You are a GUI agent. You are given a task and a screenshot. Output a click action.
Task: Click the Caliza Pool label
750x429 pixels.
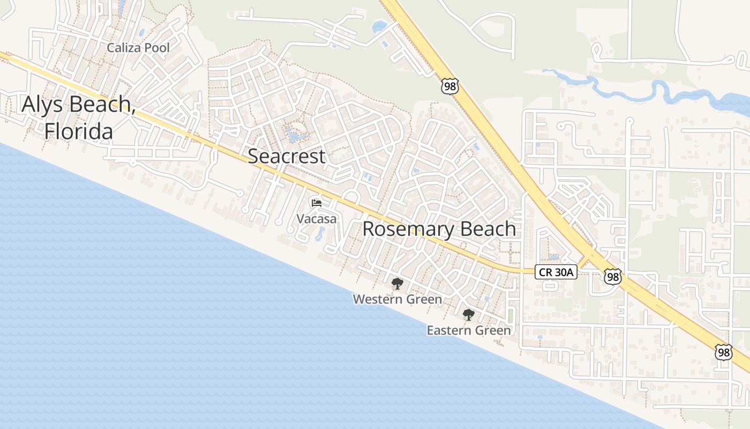[138, 48]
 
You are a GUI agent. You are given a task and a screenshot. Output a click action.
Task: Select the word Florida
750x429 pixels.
[79, 131]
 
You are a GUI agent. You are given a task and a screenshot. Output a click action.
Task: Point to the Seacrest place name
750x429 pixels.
[287, 156]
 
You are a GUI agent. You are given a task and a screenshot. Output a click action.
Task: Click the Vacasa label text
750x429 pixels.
[317, 219]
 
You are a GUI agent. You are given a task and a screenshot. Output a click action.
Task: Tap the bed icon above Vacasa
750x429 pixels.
[317, 203]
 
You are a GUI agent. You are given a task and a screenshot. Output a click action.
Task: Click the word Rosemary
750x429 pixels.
[406, 229]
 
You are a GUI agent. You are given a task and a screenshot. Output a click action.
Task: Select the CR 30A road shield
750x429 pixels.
[556, 272]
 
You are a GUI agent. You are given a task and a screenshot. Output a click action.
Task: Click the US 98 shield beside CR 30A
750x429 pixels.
[612, 277]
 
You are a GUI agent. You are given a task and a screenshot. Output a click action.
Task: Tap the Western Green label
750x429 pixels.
[397, 299]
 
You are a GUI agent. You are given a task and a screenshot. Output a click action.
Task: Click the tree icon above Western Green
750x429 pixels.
[397, 284]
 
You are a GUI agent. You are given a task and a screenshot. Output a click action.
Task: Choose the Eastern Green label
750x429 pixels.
[469, 330]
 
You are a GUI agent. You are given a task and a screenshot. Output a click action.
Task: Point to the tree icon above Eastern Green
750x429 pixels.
[469, 315]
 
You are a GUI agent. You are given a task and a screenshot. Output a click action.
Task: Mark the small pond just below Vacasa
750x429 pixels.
[320, 234]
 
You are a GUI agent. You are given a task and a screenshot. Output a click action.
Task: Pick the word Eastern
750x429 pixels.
[446, 330]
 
